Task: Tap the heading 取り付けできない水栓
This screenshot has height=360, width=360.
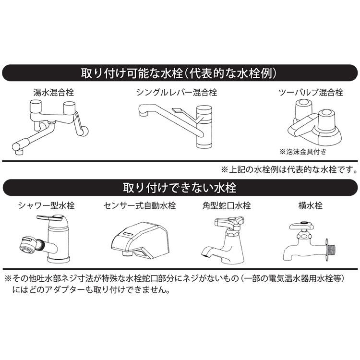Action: pos(180,186)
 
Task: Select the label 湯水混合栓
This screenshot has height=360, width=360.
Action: pos(50,92)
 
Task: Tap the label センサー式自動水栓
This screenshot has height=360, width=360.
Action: pos(140,206)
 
